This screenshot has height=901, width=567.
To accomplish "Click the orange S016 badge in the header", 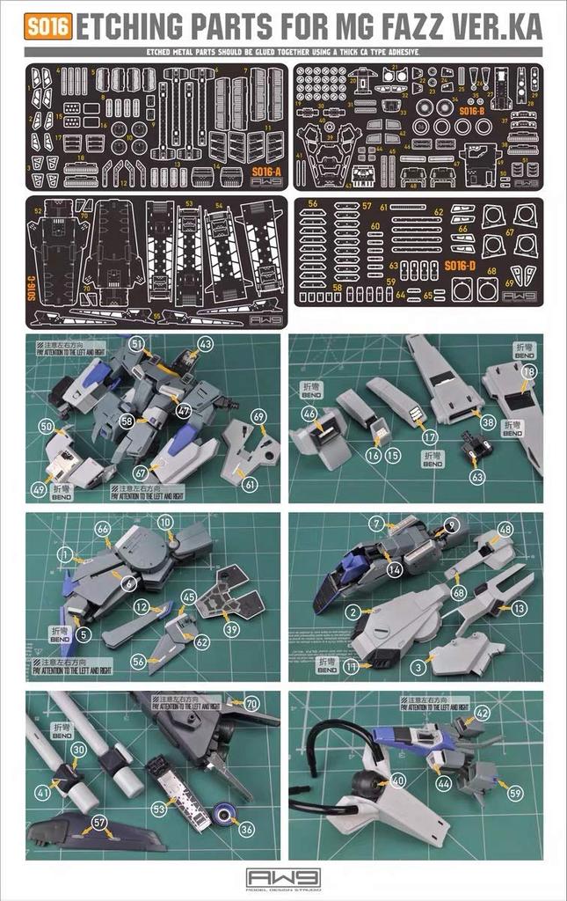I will coord(48,27).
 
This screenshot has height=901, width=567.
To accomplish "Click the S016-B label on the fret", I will coord(471,111).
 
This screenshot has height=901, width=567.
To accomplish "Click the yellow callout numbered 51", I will coord(136,342).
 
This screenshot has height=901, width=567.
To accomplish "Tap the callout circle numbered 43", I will coord(205,343).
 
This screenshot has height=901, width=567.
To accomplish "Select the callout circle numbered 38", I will coord(488,421).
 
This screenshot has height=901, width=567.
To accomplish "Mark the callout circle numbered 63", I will coord(477,476).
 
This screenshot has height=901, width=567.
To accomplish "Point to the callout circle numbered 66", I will coord(103,528).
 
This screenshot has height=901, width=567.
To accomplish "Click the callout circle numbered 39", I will coord(231,630).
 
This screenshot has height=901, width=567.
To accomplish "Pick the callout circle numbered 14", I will coord(395,569).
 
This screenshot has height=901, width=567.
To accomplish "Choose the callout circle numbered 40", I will coord(397,780).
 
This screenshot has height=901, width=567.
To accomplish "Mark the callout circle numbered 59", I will coord(515,792).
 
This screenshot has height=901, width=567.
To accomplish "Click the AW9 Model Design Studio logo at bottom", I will coord(283,879).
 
